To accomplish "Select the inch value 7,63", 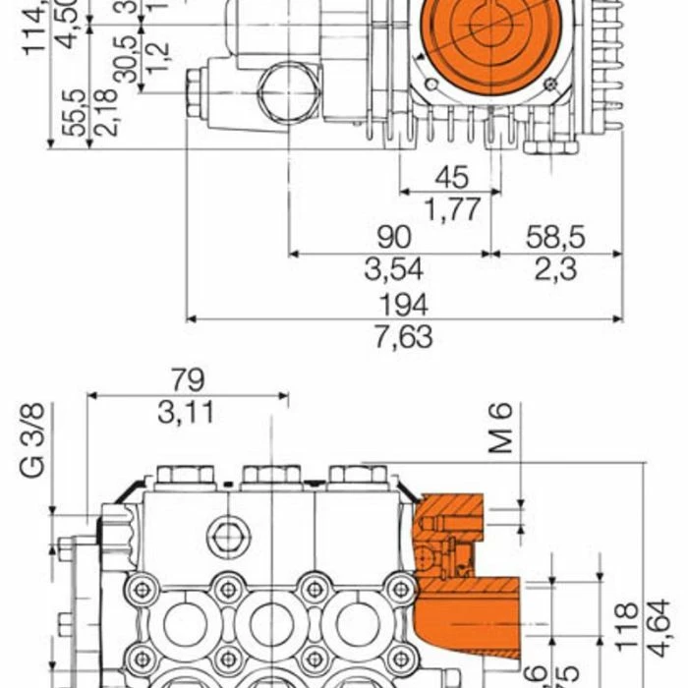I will click(x=403, y=337).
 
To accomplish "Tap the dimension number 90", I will click(x=391, y=237).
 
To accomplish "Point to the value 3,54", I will click(x=391, y=269).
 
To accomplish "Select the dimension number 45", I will click(x=451, y=177).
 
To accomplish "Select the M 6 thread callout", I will click(x=503, y=429).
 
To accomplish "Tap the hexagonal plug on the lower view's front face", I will click(x=228, y=535).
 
